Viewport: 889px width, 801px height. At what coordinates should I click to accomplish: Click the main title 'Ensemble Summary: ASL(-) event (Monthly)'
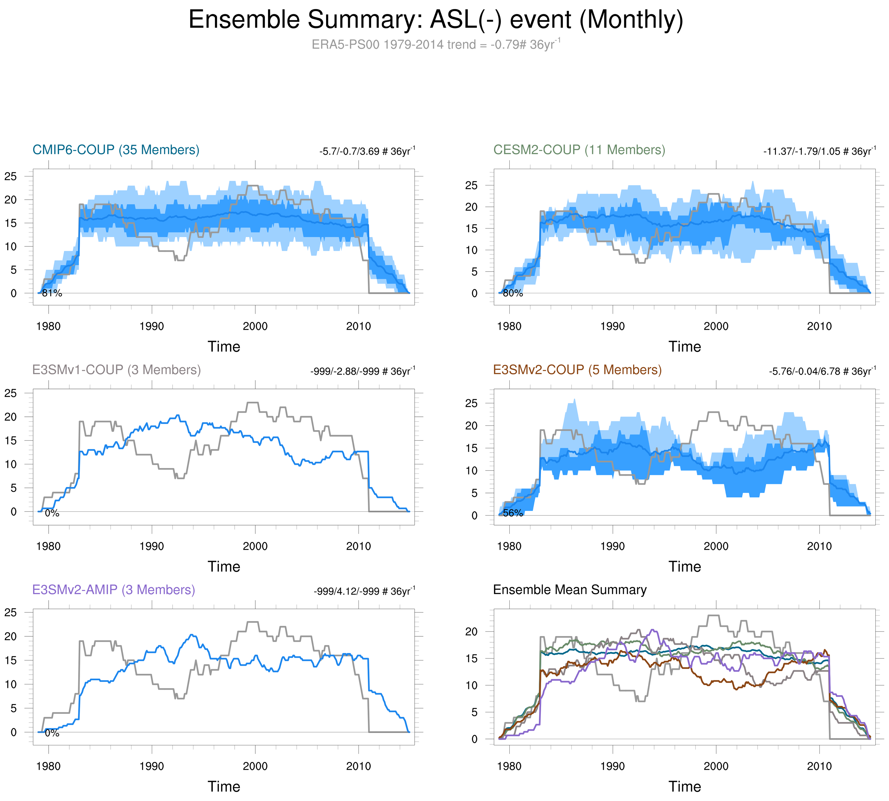pyautogui.click(x=436, y=20)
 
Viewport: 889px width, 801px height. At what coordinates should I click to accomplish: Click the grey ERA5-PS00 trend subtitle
pyautogui.click(x=436, y=45)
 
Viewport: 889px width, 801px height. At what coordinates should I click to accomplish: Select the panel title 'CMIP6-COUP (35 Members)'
pyautogui.click(x=116, y=150)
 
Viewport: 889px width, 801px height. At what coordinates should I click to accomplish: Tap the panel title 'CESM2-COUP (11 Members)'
pyautogui.click(x=579, y=150)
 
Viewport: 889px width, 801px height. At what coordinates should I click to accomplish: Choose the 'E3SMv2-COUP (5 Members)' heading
pyautogui.click(x=577, y=370)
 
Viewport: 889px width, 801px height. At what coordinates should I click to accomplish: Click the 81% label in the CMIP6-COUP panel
pyautogui.click(x=52, y=293)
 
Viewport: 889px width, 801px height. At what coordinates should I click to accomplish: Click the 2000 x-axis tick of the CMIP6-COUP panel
pyautogui.click(x=255, y=326)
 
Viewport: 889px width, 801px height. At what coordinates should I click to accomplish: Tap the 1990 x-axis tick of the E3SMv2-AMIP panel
pyautogui.click(x=152, y=766)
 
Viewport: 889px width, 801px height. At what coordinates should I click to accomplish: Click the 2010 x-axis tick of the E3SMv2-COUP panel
pyautogui.click(x=819, y=546)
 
